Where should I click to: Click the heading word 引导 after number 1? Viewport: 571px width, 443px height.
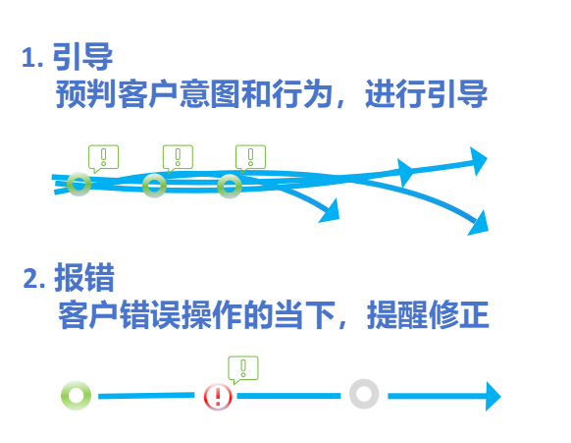[82, 57]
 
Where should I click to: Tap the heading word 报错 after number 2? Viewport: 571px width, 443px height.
[84, 277]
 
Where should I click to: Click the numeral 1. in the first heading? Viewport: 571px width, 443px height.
[32, 58]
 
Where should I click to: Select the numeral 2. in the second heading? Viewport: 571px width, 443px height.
[34, 279]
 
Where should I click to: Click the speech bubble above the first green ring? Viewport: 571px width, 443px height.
[103, 158]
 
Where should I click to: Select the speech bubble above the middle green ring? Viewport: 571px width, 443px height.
[178, 158]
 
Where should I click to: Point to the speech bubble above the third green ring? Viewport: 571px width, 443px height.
[250, 158]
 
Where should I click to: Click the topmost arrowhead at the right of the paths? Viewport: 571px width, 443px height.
[478, 161]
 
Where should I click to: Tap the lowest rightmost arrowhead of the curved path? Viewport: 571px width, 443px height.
[479, 223]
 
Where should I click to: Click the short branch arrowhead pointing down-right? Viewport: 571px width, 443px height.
[331, 211]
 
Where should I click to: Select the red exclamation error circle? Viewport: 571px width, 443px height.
[218, 396]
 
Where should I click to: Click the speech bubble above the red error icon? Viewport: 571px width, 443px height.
[243, 369]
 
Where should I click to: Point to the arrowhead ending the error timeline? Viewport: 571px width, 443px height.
[493, 396]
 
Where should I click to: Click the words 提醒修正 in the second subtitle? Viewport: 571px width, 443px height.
[428, 315]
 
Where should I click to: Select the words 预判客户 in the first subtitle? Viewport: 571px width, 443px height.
[117, 93]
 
